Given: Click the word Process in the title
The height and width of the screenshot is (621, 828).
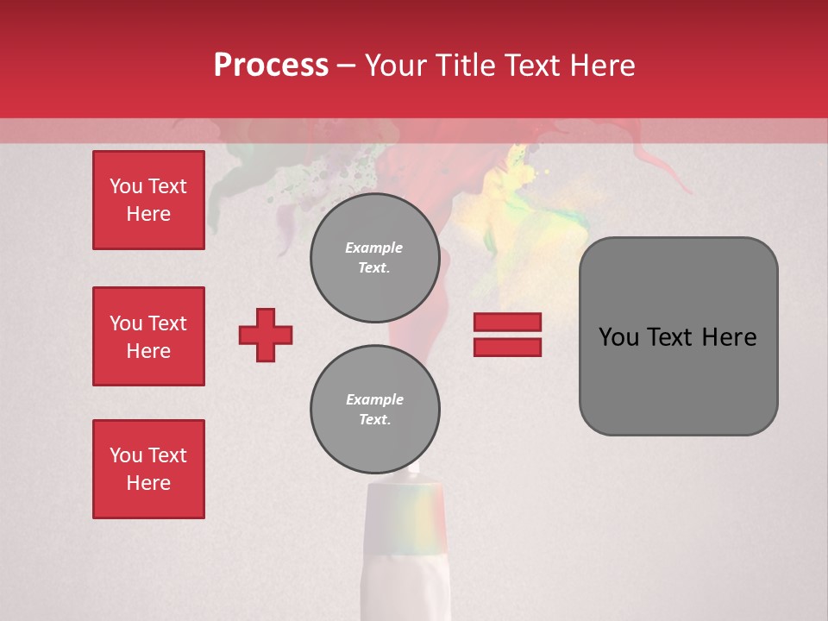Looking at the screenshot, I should (271, 66).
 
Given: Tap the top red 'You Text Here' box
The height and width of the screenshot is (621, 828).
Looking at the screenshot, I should (148, 200).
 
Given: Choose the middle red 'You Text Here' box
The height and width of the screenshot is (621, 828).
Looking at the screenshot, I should (148, 336).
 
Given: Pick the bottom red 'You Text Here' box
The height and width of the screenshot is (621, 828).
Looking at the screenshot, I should (148, 469).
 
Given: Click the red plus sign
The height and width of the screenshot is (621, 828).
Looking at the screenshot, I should (266, 335).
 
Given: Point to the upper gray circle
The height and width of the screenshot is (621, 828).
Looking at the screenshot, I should (374, 257).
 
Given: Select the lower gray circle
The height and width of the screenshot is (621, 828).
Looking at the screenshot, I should (374, 410).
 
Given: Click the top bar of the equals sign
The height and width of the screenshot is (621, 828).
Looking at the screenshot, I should (507, 323).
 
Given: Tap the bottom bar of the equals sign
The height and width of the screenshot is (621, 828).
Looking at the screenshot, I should (507, 347).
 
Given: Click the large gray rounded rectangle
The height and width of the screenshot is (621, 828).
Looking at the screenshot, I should (678, 336).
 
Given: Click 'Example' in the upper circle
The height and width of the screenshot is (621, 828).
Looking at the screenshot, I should (374, 248).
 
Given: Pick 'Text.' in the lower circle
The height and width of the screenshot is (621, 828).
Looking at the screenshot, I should (374, 420).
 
